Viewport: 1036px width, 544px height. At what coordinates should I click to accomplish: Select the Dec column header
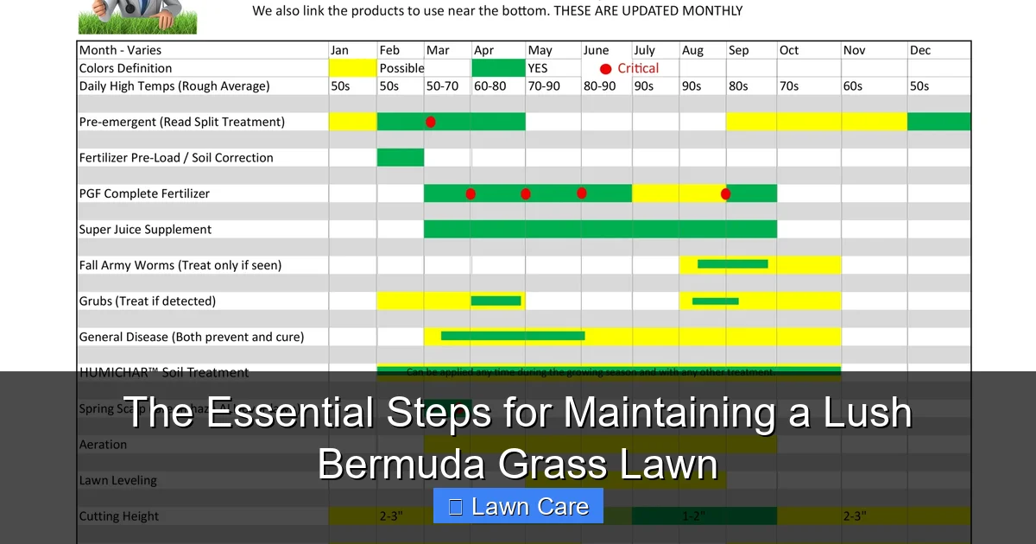920,50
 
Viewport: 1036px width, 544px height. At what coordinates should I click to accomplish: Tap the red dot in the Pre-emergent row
431,122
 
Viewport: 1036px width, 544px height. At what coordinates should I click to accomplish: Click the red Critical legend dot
605,69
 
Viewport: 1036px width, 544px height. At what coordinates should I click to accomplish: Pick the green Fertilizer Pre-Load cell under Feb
401,157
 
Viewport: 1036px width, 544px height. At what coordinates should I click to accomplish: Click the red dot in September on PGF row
725,193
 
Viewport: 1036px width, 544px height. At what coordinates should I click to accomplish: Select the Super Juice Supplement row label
145,230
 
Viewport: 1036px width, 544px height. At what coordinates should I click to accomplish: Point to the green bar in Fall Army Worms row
732,264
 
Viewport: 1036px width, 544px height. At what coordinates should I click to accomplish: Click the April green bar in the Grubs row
496,300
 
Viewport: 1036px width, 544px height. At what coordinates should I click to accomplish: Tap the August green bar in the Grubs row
715,300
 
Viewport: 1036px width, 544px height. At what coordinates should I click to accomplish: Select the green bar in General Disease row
513,336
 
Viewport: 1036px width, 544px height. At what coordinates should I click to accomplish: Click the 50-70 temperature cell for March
443,86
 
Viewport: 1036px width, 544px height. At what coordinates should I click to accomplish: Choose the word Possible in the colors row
401,68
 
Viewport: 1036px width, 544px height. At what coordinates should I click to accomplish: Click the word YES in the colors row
538,68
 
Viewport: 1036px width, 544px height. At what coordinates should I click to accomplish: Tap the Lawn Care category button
518,506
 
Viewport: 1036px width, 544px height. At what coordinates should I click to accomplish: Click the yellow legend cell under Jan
352,68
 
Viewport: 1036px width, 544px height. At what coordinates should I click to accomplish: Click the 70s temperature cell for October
789,86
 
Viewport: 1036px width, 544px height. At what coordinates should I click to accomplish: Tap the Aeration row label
103,445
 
